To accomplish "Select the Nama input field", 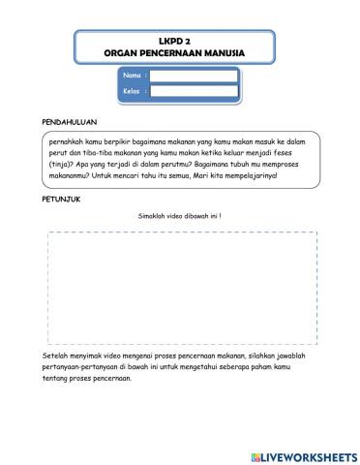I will tap(194, 76).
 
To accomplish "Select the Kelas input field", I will tap(194, 92).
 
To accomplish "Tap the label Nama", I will tap(134, 76).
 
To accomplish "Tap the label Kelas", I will tap(134, 92).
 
